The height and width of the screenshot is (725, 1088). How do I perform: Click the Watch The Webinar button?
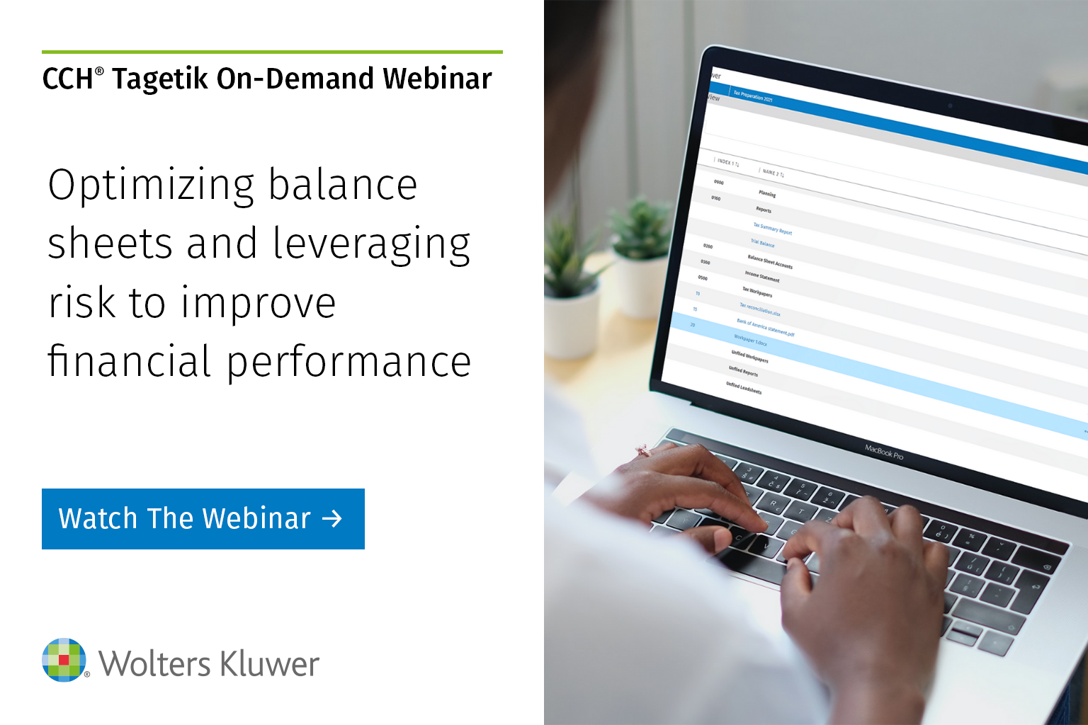click(203, 518)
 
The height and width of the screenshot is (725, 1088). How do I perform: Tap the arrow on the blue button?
click(332, 519)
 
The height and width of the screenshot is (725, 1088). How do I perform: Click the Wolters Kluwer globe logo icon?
click(64, 660)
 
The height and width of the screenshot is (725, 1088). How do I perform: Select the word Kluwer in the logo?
click(269, 664)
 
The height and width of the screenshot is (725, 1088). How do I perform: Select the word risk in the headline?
click(81, 303)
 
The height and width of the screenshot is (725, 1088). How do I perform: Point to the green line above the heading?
click(272, 52)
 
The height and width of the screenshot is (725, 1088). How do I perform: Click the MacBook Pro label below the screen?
click(884, 452)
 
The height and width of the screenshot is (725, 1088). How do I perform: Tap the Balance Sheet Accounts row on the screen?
click(770, 261)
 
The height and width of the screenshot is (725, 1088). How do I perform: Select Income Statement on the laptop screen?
click(761, 276)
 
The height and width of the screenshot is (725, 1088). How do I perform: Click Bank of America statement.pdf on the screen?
click(765, 327)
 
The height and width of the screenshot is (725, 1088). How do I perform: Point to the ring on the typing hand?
click(642, 450)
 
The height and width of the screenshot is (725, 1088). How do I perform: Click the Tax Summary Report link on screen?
click(772, 229)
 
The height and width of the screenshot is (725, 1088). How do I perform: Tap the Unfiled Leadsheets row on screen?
click(744, 388)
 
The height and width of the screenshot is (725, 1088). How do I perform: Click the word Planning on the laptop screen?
click(766, 193)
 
